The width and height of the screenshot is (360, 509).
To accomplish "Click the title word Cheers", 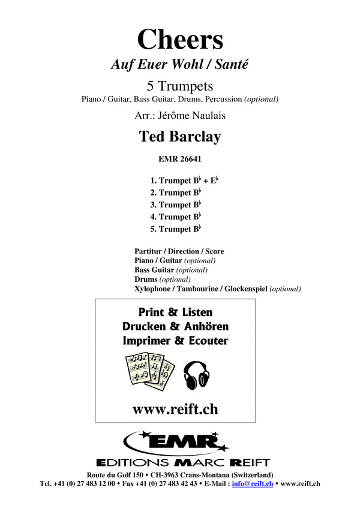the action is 180,40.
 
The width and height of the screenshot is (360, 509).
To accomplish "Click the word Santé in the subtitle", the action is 232,64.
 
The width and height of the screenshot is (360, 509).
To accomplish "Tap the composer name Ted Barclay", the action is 180,137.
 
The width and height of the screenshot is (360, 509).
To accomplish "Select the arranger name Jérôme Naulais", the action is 191,116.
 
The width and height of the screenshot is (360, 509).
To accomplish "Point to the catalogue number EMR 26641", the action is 180,159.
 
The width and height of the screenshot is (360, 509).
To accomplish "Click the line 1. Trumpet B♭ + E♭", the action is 184,180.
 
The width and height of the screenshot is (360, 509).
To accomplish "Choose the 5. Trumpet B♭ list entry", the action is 175,229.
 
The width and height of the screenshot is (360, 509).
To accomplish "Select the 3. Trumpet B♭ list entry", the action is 175,205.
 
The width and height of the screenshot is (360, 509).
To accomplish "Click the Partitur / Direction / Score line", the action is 179,251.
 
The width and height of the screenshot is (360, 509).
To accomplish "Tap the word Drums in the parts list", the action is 146,279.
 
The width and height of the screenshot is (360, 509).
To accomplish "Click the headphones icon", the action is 196,375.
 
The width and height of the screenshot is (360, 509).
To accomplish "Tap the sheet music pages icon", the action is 150,371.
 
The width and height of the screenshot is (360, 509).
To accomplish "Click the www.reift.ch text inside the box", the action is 175,409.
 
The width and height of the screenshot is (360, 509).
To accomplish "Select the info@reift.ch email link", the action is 253,484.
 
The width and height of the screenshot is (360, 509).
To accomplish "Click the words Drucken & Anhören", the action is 175,326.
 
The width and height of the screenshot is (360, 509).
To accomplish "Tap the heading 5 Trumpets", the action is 180,86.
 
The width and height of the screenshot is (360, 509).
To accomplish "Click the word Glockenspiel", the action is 246,289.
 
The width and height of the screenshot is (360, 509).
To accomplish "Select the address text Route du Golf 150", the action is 115,475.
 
